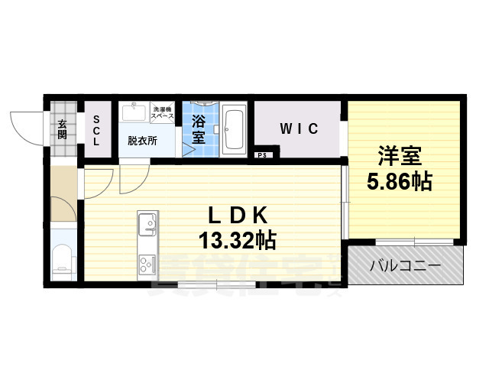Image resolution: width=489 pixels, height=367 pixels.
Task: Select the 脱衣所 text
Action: [142, 141]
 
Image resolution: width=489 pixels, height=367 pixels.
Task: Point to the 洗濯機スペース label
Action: [163, 112]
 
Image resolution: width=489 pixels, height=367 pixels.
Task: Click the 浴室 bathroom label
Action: [199, 129]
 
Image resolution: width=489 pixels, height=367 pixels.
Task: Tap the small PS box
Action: [262, 156]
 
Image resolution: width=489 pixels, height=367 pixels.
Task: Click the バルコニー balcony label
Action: [405, 266]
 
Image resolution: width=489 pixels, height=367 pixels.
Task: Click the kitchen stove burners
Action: [145, 265]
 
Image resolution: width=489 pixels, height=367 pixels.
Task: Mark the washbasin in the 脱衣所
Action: [134, 113]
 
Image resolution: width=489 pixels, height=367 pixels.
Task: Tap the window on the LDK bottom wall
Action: [217, 285]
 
